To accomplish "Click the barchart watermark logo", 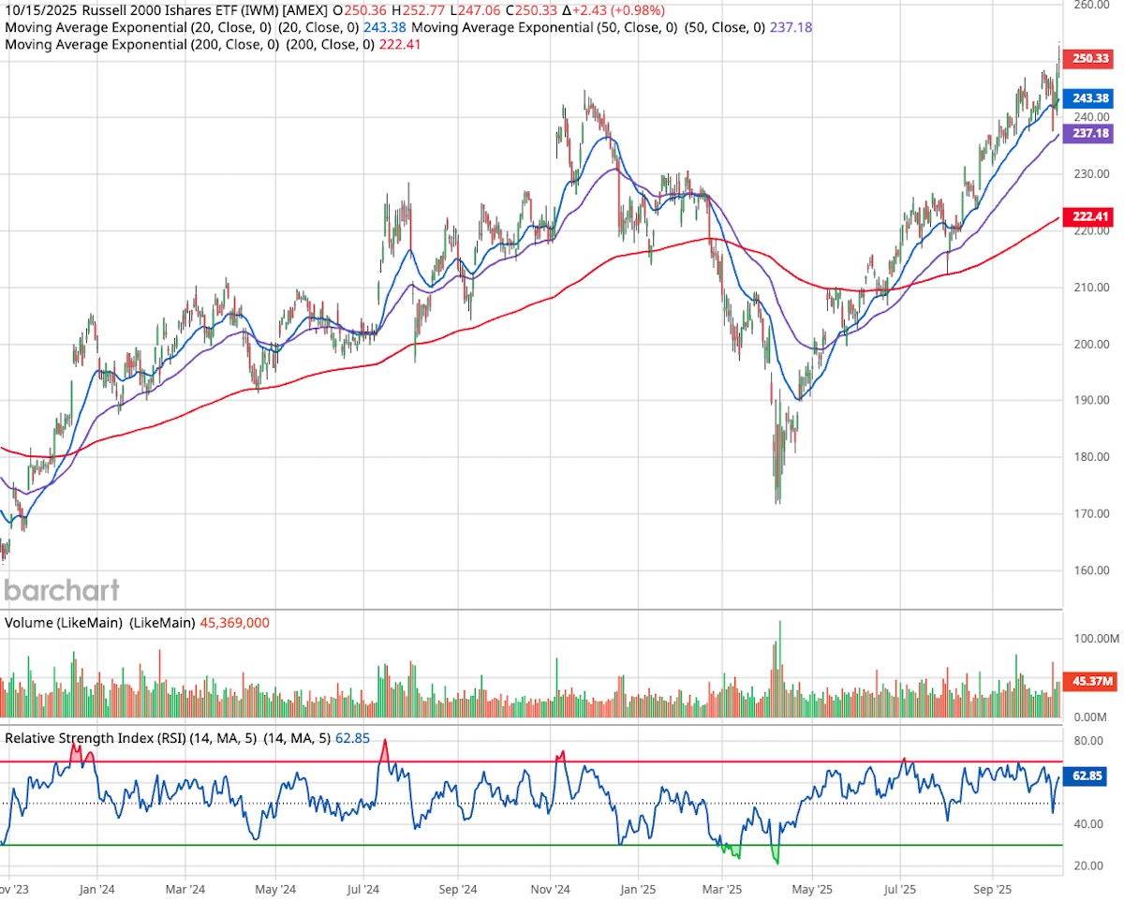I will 62,590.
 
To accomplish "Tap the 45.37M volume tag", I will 1090,682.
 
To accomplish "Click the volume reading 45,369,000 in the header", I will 236,622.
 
